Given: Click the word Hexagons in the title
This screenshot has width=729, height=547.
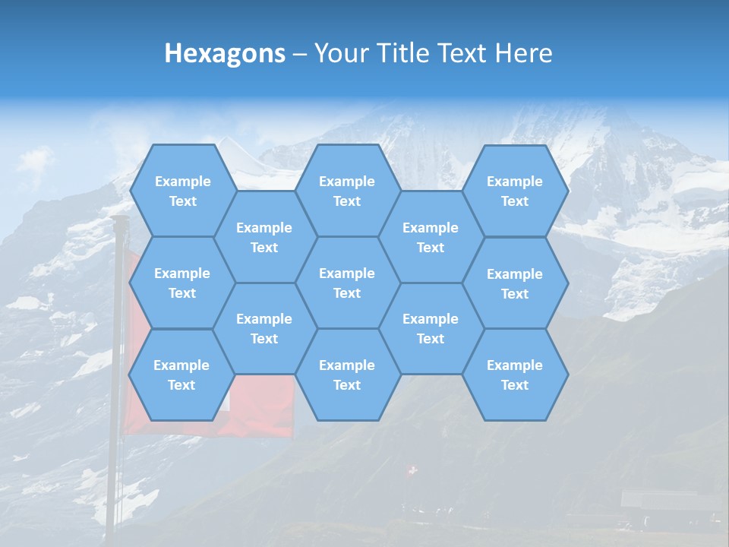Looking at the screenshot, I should click(x=225, y=53).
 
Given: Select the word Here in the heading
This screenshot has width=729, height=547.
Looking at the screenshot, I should click(x=523, y=53).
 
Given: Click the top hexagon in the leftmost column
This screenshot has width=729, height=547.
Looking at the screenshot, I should click(x=182, y=191).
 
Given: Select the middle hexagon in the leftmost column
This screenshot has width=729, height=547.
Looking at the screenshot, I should click(x=182, y=283).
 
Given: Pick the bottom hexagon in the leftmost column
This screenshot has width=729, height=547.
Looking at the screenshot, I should click(x=181, y=375).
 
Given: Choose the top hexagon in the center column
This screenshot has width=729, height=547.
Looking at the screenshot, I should click(x=347, y=191).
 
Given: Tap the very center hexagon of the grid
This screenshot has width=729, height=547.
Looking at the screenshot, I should click(x=347, y=283).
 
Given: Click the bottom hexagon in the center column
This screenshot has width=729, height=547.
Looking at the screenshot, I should click(x=347, y=375).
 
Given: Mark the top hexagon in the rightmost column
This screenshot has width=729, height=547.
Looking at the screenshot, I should click(x=515, y=191).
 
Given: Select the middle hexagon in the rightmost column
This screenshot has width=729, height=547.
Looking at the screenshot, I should click(x=515, y=283).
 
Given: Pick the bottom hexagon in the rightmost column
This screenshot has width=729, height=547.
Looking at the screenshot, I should click(x=515, y=375).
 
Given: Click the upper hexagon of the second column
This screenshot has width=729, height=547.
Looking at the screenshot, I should click(x=264, y=237).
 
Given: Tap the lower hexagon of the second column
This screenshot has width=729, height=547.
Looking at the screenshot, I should click(x=264, y=328).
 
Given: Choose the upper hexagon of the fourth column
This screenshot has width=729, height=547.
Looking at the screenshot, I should click(x=431, y=237).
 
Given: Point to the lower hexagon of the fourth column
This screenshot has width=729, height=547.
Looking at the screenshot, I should click(x=431, y=328).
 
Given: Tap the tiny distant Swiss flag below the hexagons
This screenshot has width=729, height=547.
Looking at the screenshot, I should click(x=412, y=471).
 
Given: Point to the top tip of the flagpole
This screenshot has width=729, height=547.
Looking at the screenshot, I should click(x=118, y=218).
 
